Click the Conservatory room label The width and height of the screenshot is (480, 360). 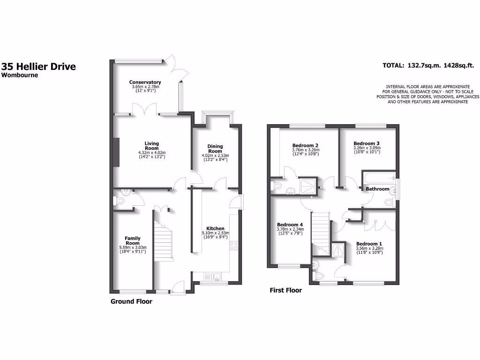point(145,82)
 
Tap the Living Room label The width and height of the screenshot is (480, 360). point(151,146)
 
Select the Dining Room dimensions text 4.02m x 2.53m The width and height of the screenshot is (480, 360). point(215,156)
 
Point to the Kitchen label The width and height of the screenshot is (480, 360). point(215,228)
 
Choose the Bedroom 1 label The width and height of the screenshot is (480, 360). point(369,244)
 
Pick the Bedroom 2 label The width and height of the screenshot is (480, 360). point(305,145)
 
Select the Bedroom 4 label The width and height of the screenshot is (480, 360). point(290,225)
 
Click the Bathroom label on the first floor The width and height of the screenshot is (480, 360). point(378,189)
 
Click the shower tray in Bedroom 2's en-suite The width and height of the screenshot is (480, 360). point(307,185)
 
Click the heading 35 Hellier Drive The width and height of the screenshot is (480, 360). point(38,67)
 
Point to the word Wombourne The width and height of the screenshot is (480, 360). point(19,75)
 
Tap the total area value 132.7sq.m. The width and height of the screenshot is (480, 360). point(423,66)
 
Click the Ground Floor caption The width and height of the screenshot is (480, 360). point(131,302)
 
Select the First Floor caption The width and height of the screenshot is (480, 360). point(285,291)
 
